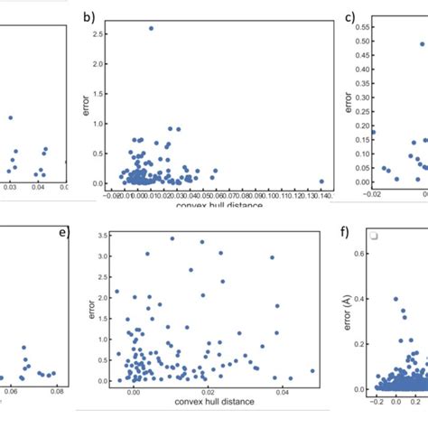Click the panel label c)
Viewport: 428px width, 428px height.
[338, 16]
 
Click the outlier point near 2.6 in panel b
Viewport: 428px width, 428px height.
[151, 28]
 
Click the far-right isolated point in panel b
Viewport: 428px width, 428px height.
[321, 181]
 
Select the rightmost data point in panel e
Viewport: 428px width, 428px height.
[313, 371]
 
